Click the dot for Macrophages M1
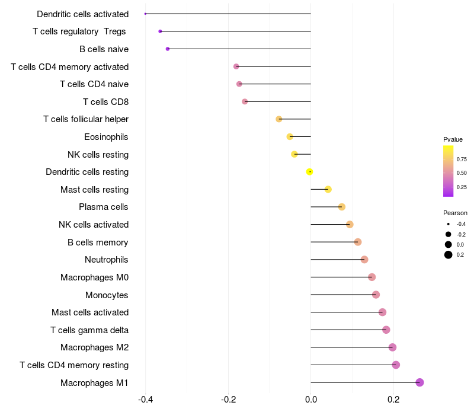[x=419, y=382]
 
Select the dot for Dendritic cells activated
[x=145, y=14]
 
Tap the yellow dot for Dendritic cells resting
[x=309, y=172]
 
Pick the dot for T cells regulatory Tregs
[x=160, y=31]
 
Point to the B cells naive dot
[x=168, y=49]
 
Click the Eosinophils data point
[x=290, y=137]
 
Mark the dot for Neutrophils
[x=364, y=260]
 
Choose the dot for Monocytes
[x=376, y=295]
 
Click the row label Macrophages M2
[x=94, y=347]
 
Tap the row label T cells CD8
[x=106, y=102]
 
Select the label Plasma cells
[x=103, y=207]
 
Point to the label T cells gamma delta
[x=89, y=330]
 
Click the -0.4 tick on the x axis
[x=145, y=400]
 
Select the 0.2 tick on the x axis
[x=393, y=400]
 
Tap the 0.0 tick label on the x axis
[x=310, y=400]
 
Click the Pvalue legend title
[x=453, y=139]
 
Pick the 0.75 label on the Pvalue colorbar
[x=462, y=159]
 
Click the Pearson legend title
[x=455, y=213]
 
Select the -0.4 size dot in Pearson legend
[x=449, y=224]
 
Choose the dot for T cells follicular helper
[x=278, y=119]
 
